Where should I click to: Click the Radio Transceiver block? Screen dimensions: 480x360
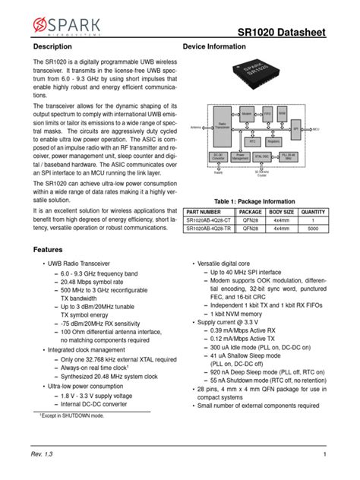tap(223, 125)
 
